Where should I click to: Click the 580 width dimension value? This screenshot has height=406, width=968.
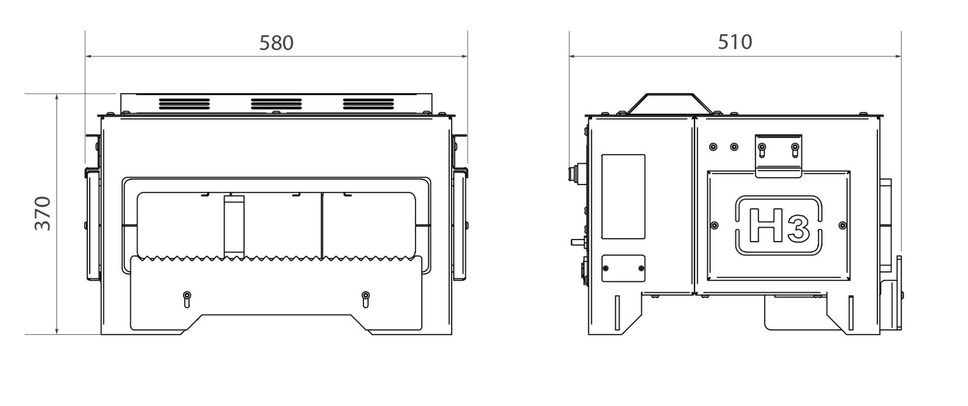point(276,43)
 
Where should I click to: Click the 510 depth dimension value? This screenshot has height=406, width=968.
point(735,42)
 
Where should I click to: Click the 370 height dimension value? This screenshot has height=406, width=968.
point(43,213)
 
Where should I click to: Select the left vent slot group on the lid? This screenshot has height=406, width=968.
point(184,104)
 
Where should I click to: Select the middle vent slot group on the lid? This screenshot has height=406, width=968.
point(276,104)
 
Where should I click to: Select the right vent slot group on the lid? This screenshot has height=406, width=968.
point(369,104)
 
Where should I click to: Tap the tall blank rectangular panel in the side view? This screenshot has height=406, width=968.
point(623,197)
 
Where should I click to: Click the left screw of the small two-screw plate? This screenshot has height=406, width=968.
point(607,268)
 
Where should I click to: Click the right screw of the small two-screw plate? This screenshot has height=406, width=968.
point(641,268)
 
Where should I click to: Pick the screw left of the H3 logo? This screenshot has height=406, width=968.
point(714,225)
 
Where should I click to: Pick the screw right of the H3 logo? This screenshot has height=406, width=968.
point(842,225)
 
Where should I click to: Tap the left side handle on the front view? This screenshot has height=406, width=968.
point(92,224)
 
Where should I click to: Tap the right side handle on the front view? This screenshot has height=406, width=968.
point(461,224)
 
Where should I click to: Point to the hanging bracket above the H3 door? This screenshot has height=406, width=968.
point(778,156)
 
